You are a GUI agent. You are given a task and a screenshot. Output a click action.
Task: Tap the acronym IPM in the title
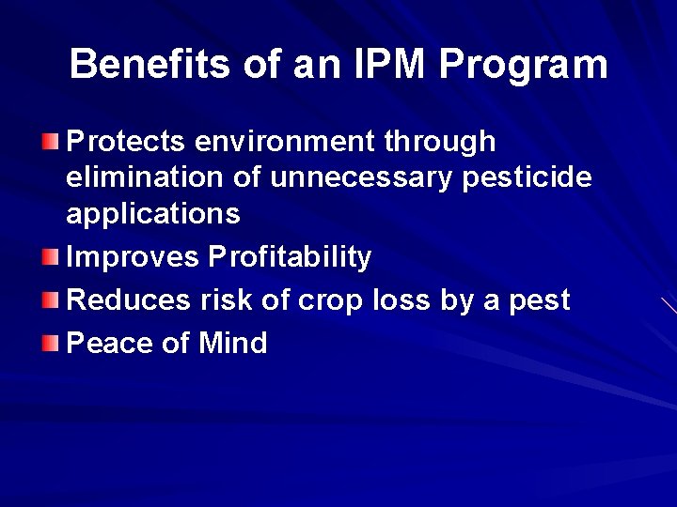point(383,65)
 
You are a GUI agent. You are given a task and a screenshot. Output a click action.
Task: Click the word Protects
point(128,142)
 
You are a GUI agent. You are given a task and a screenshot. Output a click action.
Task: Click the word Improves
point(134,257)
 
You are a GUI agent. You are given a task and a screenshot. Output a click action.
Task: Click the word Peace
point(111,343)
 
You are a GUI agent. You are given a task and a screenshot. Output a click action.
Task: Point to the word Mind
point(232,343)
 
